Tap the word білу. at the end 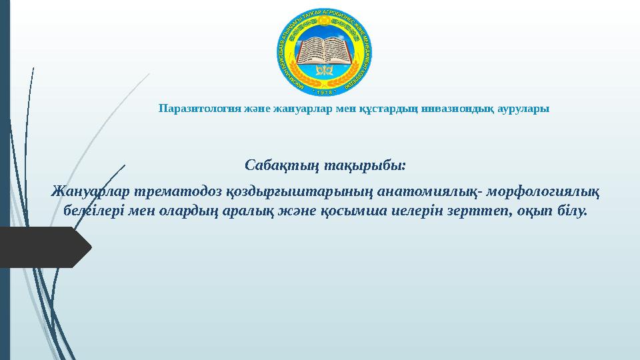click(574, 211)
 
